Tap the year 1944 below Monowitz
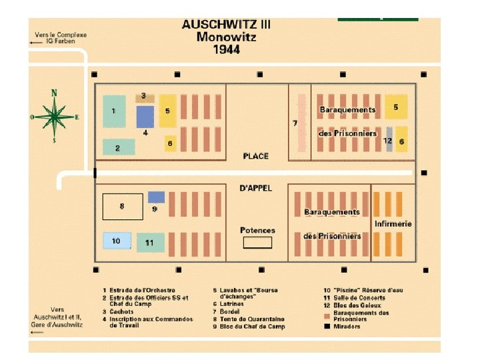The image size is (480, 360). [x=226, y=49]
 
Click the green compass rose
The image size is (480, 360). [x=55, y=116]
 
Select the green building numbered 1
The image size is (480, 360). [x=114, y=111]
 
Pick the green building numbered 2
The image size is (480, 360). [x=118, y=147]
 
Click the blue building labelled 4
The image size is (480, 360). [x=145, y=117]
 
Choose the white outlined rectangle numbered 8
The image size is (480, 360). [x=122, y=207]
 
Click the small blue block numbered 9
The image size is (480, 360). [x=156, y=197]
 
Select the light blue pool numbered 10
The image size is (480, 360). [x=116, y=241]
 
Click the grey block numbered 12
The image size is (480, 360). [x=389, y=139]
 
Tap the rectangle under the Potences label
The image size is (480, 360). [x=257, y=243]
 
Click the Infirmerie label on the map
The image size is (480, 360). [x=393, y=223]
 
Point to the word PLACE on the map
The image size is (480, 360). [x=256, y=156]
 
